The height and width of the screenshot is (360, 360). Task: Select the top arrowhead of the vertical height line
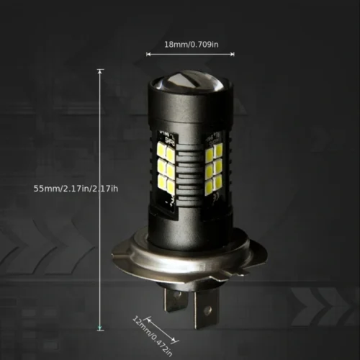point(100,71)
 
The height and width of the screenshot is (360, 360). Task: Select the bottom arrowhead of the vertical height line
point(100,328)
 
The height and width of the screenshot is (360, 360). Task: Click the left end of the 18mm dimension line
point(147,53)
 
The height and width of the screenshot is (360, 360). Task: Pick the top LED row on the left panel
point(166,150)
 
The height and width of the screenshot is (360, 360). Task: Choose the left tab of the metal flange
point(122,254)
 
